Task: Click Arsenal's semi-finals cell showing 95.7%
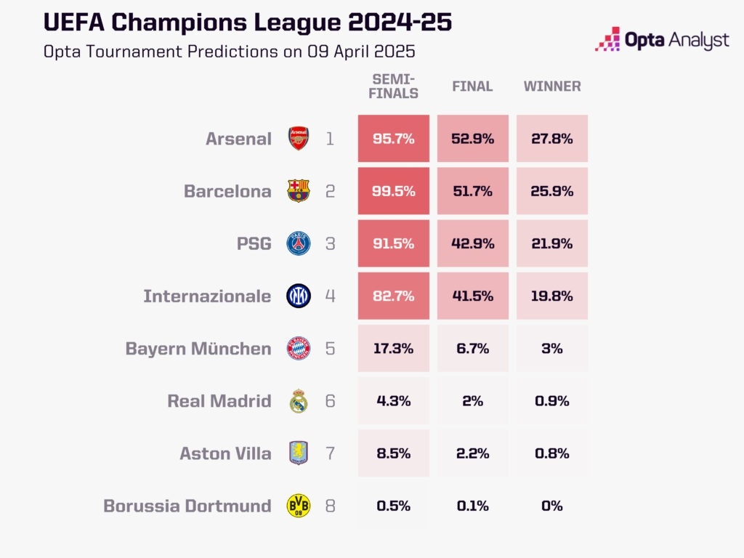coord(393,138)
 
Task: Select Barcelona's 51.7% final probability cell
coord(472,191)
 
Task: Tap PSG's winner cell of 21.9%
coord(552,243)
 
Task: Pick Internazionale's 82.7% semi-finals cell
coord(393,296)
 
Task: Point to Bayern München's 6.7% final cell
coord(472,349)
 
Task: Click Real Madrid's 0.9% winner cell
coord(552,401)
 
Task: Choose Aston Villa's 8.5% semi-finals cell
coord(393,453)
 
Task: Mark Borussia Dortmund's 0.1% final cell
coord(472,506)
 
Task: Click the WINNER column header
coord(552,86)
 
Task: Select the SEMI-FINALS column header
coord(395,86)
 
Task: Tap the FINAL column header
coord(472,86)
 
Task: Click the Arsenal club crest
coord(299,138)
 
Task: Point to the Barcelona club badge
coord(299,191)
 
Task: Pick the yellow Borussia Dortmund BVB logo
coord(299,506)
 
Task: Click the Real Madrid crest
coord(299,401)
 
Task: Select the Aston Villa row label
coord(225,453)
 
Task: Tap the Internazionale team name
coord(207,296)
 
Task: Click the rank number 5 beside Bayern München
coord(331,349)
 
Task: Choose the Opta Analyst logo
coord(662,39)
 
